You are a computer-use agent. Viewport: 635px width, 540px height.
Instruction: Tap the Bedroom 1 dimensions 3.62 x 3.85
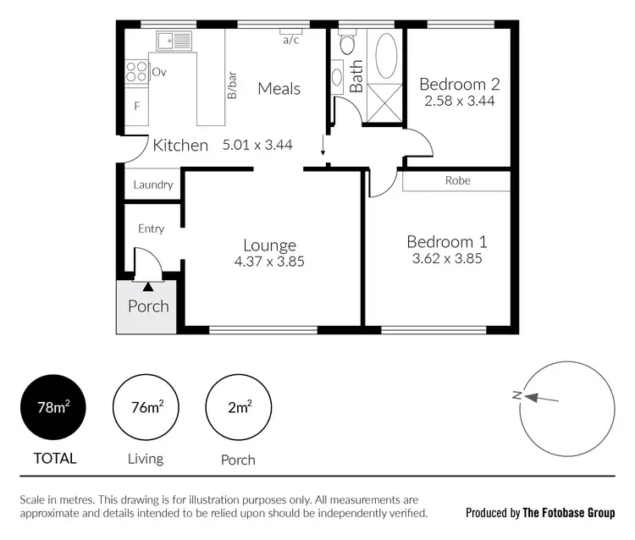point(444,259)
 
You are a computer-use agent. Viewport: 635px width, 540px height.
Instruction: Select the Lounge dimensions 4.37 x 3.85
point(269,262)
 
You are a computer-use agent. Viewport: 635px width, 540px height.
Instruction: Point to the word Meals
point(279,88)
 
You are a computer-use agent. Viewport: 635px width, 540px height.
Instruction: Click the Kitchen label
point(180,146)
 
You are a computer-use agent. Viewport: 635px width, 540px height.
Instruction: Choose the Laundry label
point(153,185)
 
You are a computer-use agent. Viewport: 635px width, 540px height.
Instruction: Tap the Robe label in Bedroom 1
point(457,180)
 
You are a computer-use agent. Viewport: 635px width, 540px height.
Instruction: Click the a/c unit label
point(290,39)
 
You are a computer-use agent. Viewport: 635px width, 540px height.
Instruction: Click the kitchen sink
point(174,39)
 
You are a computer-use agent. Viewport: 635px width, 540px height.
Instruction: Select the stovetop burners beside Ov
point(136,72)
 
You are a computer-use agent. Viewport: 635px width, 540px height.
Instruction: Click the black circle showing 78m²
point(53,407)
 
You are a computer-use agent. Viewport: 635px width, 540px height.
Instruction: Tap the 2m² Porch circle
point(239,407)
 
